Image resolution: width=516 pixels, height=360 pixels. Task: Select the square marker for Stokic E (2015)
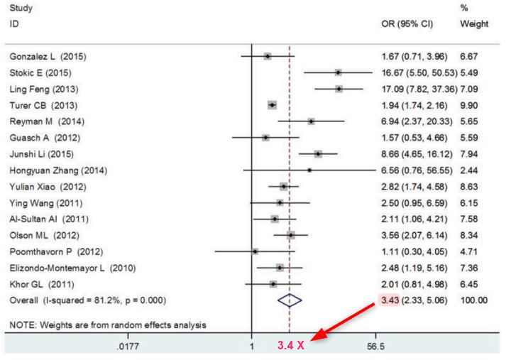[338, 72]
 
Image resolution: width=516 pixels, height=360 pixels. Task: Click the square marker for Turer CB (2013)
[272, 105]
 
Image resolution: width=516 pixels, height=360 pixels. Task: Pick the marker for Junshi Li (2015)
[318, 154]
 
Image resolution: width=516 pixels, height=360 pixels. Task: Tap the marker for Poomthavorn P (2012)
[255, 251]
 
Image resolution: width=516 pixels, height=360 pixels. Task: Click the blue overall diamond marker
[290, 300]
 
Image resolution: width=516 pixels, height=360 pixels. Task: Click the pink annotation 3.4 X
[290, 348]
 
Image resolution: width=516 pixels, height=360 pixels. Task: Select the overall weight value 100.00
[473, 300]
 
